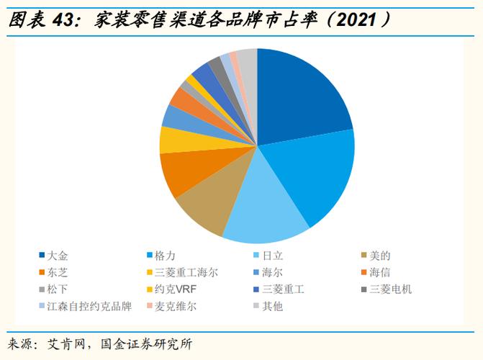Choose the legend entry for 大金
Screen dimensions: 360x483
tap(58, 256)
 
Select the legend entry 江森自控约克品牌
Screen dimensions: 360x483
tap(89, 306)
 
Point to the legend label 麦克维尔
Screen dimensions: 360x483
tap(176, 306)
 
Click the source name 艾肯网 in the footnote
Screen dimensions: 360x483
tap(65, 343)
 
